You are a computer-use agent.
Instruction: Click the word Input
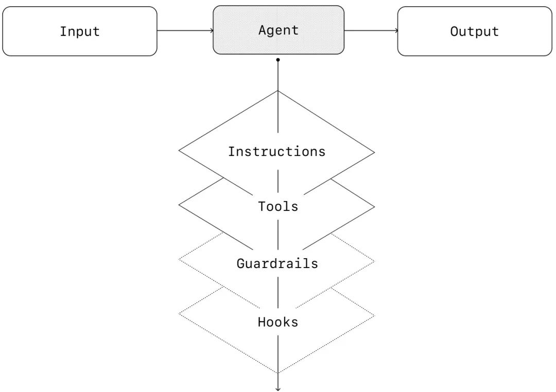(x=80, y=31)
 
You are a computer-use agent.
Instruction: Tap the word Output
(x=474, y=31)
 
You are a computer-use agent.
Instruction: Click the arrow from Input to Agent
(x=185, y=30)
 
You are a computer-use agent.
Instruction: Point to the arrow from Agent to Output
(x=371, y=30)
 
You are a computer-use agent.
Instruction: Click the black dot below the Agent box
(x=278, y=60)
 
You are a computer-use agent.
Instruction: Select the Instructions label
(x=277, y=152)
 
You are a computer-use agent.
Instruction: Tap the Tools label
(x=278, y=207)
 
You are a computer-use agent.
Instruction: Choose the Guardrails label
(x=277, y=264)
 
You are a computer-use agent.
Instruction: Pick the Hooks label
(x=278, y=323)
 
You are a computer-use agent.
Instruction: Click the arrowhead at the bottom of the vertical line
(x=278, y=389)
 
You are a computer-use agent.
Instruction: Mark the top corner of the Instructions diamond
(x=278, y=91)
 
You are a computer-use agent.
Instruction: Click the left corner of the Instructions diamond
(x=179, y=151)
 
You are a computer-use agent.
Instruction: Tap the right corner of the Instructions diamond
(x=375, y=152)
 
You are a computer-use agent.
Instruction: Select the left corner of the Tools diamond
(x=179, y=205)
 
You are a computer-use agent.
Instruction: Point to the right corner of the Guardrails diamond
(x=375, y=261)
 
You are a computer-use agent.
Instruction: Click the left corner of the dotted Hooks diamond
(x=179, y=313)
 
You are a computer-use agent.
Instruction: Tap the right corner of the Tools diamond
(x=375, y=206)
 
